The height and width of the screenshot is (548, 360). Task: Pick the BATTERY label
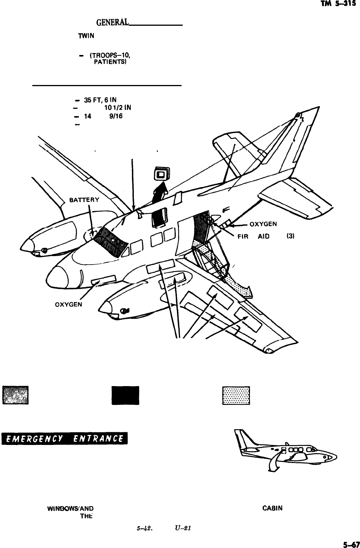coord(85,200)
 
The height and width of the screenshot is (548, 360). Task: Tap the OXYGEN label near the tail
coord(265,224)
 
